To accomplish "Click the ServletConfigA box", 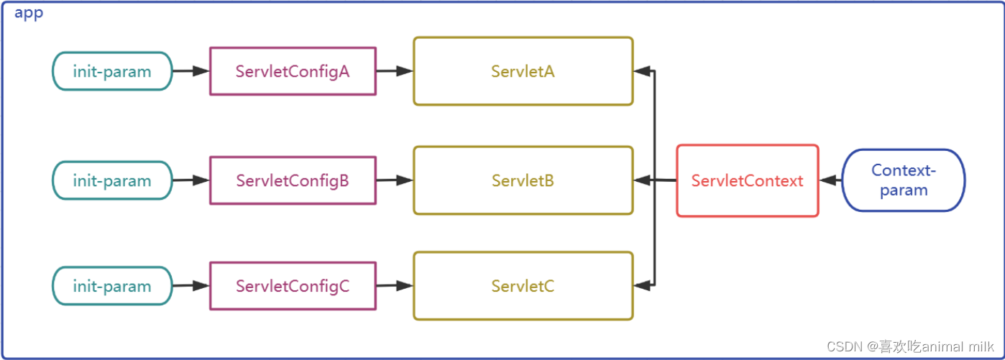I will [293, 71].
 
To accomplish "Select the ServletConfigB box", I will [293, 180].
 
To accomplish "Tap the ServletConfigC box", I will [293, 286].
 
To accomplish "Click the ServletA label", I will [523, 71].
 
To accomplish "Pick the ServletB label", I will [523, 180].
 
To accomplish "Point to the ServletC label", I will [523, 286].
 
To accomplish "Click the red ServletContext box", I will [747, 180].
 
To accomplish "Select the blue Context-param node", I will [903, 180].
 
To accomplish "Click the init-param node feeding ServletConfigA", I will [112, 71].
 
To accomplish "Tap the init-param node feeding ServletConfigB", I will [112, 180].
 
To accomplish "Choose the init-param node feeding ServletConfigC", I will [112, 286].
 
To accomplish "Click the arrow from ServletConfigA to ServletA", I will [395, 71].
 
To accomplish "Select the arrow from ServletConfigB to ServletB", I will [395, 180].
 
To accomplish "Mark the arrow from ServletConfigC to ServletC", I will [395, 286].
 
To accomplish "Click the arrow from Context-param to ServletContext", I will [830, 180].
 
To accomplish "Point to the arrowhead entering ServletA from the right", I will [642, 71].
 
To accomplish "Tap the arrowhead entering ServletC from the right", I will [642, 285].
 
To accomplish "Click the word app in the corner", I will [29, 14].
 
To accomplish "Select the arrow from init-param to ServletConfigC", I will [191, 286].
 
